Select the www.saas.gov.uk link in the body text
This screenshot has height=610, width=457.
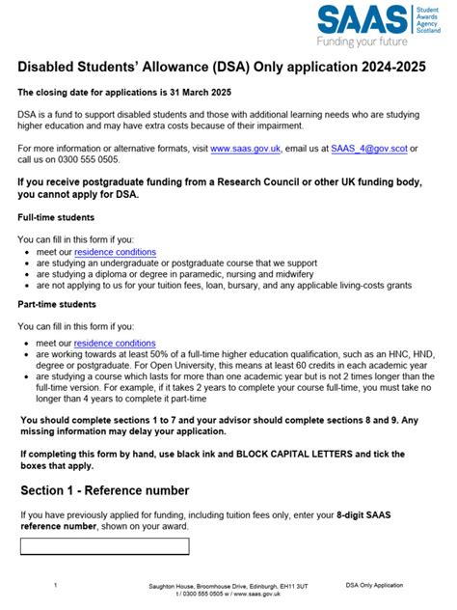[245, 149]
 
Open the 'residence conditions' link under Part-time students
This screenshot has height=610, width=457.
[115, 343]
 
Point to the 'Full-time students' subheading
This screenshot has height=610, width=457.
[56, 216]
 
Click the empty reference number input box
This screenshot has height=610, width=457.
[105, 546]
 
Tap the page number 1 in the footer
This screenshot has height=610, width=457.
[56, 585]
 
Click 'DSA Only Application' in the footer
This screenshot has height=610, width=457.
[374, 585]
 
